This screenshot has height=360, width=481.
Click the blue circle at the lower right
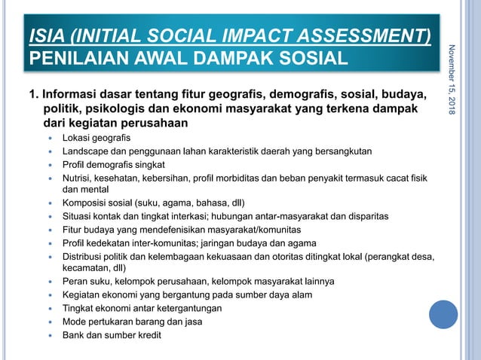pyautogui.click(x=443, y=315)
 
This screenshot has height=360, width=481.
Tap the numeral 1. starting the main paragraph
pyautogui.click(x=34, y=96)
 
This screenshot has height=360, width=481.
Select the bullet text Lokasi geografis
pyautogui.click(x=96, y=138)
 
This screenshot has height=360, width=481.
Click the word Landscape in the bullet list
pyautogui.click(x=86, y=151)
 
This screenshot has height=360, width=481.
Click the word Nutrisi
pyautogui.click(x=78, y=178)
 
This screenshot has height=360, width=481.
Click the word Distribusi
pyautogui.click(x=86, y=255)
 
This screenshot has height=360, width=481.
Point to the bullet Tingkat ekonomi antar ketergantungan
pyautogui.click(x=142, y=307)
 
